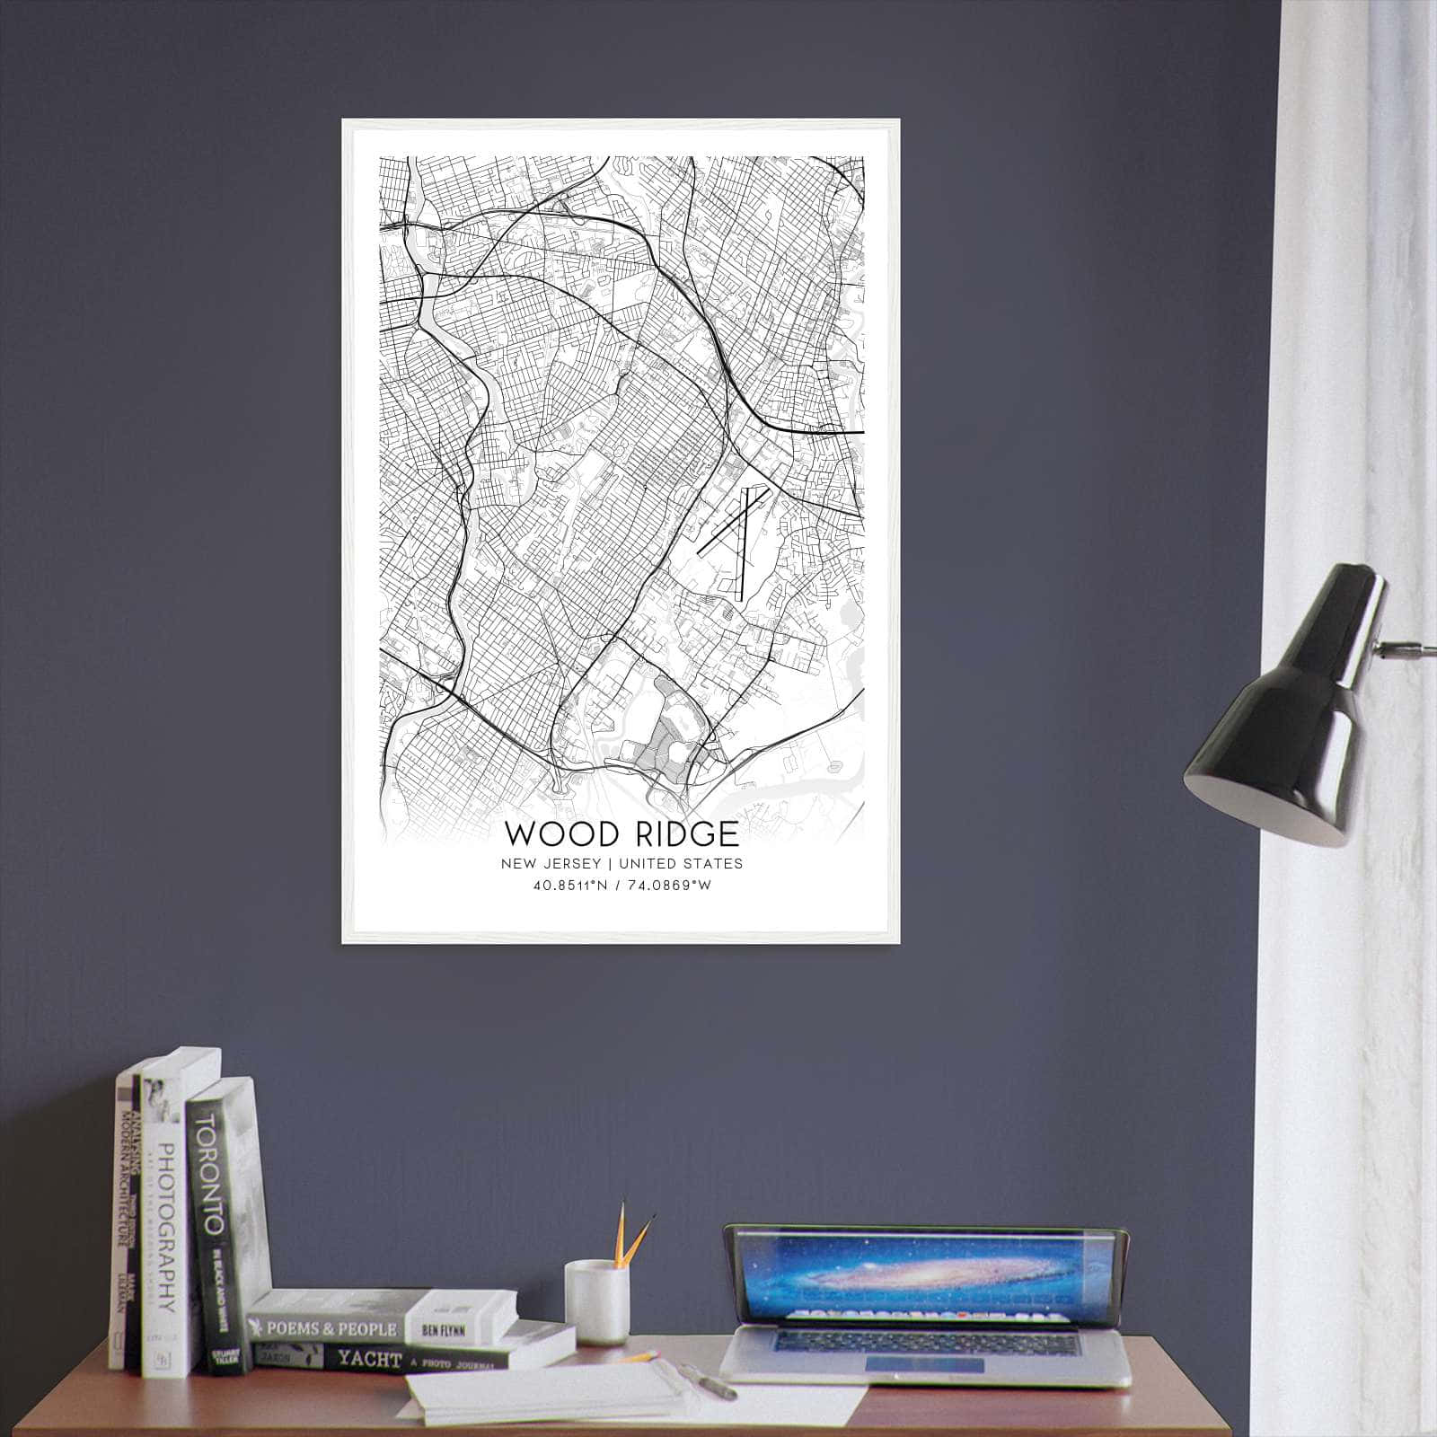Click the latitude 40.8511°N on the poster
tap(570, 886)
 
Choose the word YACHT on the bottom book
tap(368, 1360)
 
